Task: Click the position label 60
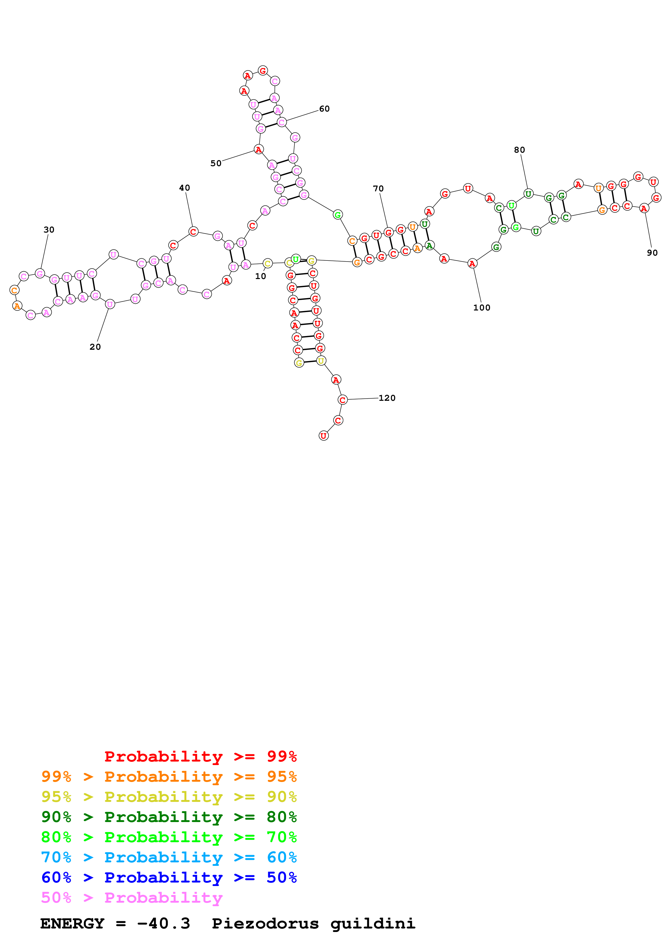324,109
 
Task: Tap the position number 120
387,398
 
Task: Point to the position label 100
481,308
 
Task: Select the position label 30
49,230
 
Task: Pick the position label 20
95,347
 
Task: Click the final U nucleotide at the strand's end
323,436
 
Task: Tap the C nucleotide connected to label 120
342,400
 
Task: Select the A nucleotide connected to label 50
258,149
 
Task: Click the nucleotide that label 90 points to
644,208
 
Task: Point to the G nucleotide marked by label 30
40,273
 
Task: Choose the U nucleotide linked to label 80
528,194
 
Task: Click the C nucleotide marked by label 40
193,232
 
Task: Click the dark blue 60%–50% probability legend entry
169,877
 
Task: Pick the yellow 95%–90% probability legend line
169,797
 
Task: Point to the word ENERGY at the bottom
72,924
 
